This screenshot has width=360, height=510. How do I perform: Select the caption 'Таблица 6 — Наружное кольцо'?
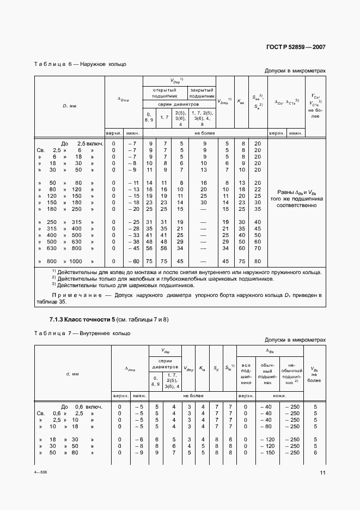pyautogui.click(x=80, y=64)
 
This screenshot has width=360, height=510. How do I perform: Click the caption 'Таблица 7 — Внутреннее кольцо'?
pyautogui.click(x=82, y=333)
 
